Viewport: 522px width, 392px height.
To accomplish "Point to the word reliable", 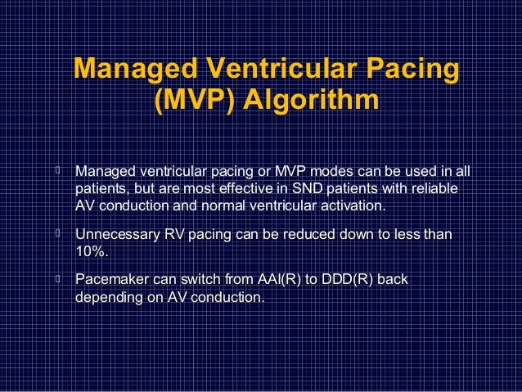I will pos(433,188).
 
